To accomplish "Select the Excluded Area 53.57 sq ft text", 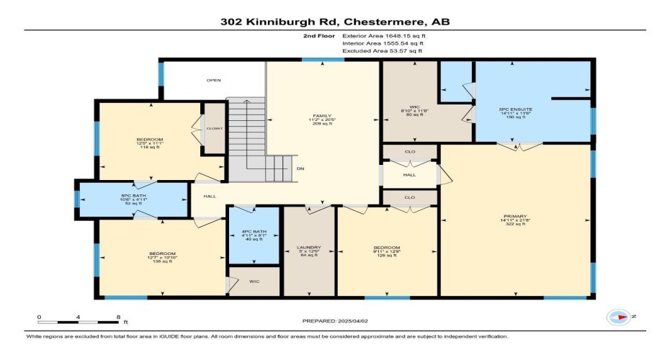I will click(382, 51).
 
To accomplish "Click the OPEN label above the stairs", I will click(213, 80).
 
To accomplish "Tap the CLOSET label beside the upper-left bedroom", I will click(215, 128).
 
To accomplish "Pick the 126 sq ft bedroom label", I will click(386, 251).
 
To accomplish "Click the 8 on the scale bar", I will click(117, 316).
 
